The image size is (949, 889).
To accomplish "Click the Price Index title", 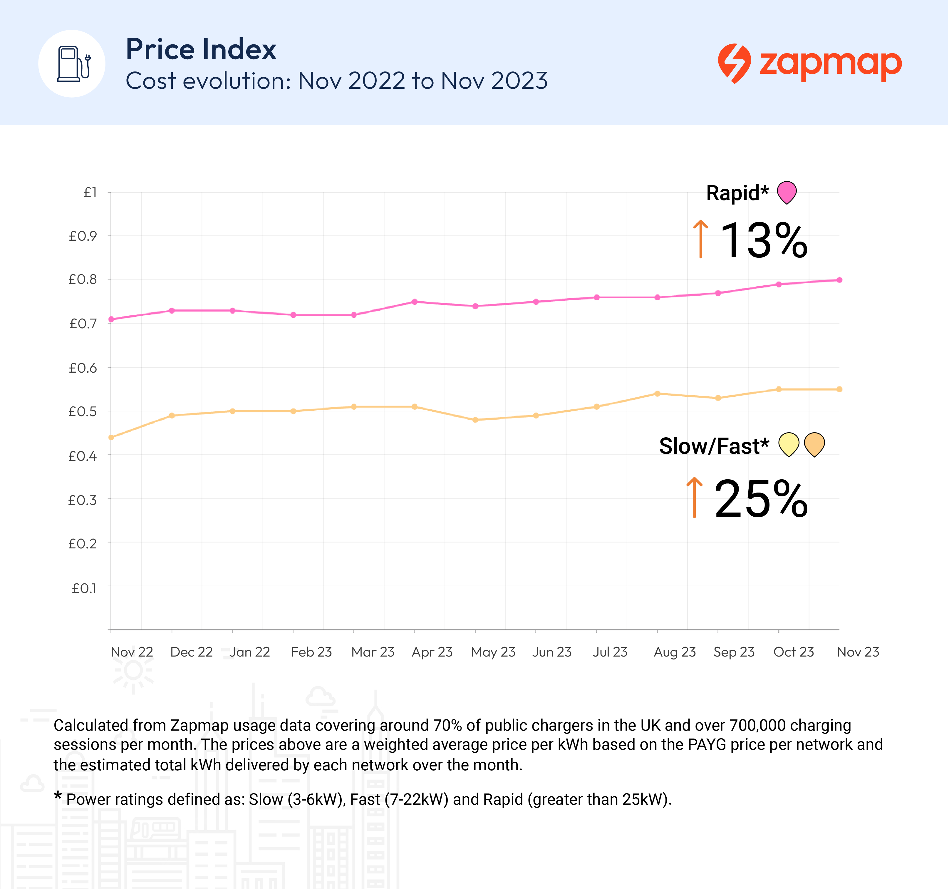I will (200, 49).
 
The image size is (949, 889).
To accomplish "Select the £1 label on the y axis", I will (90, 192).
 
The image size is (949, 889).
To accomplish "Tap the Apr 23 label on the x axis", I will (432, 652).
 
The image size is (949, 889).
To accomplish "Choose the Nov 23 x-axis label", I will (858, 652).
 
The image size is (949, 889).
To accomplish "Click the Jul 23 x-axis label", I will (610, 652).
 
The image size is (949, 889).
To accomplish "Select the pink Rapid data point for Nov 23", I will (839, 280).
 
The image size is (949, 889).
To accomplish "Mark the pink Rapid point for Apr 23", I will (414, 302).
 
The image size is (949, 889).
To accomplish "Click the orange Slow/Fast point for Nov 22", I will (111, 437).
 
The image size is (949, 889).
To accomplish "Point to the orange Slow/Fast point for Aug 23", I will (657, 394).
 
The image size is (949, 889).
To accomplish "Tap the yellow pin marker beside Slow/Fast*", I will (789, 444).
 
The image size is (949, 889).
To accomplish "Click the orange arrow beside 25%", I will (695, 498).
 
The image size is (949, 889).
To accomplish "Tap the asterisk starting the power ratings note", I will (58, 796).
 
